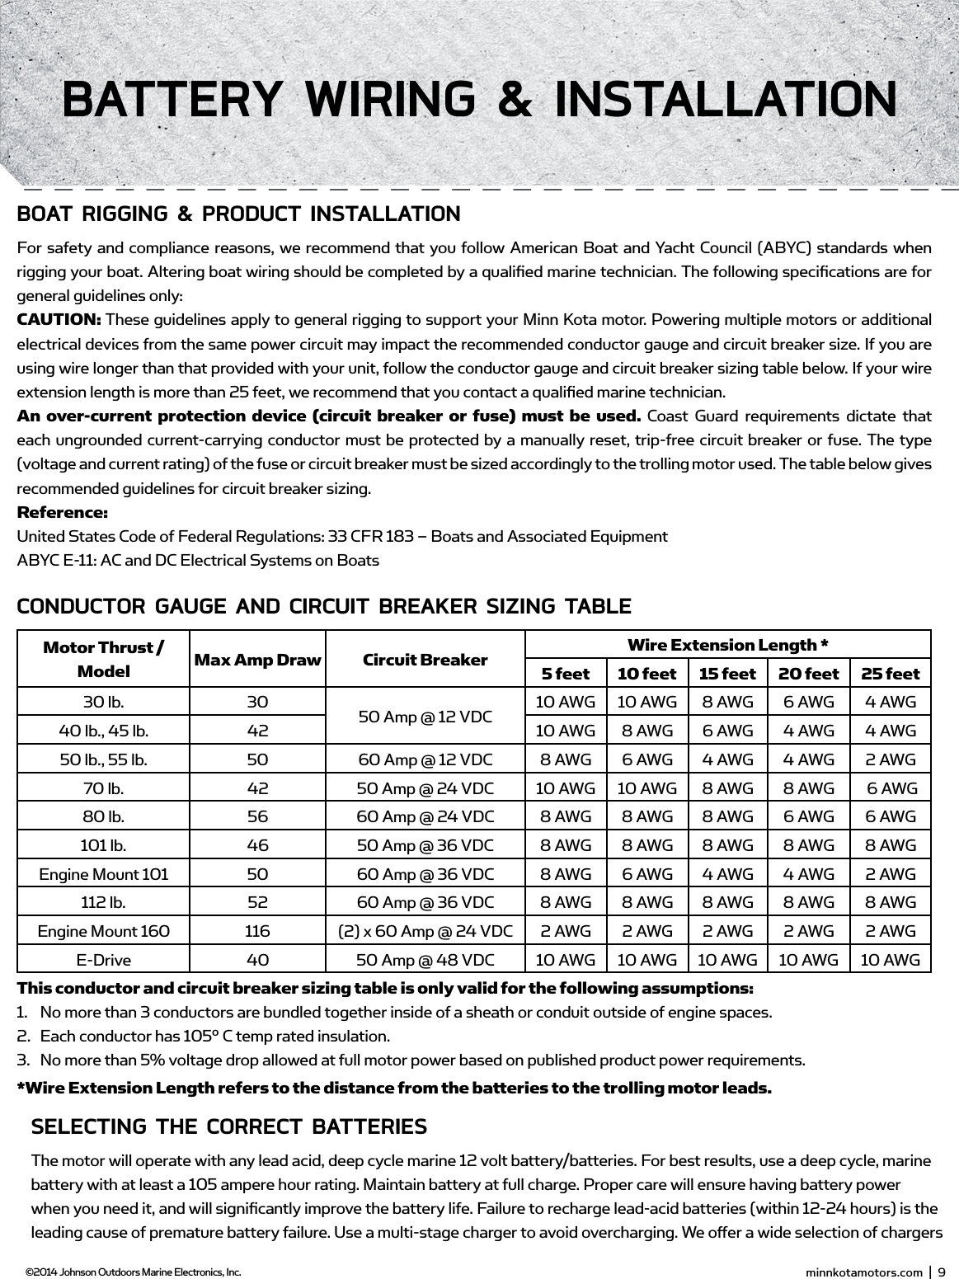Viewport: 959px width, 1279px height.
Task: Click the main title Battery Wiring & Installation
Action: pyautogui.click(x=479, y=99)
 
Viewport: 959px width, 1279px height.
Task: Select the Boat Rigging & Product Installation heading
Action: pyautogui.click(x=239, y=214)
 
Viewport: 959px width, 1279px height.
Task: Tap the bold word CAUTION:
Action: pyautogui.click(x=59, y=320)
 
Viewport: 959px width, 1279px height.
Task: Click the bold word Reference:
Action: pyautogui.click(x=63, y=513)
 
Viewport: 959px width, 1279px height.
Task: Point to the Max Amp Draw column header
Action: pyautogui.click(x=257, y=660)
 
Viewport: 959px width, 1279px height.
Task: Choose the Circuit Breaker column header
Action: pyautogui.click(x=425, y=660)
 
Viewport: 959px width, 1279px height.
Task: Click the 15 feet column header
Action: pyautogui.click(x=726, y=674)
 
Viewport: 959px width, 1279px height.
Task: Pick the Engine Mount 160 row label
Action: pyautogui.click(x=104, y=931)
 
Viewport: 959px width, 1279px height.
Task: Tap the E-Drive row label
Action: pyautogui.click(x=104, y=960)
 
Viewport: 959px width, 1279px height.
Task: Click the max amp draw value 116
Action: pyautogui.click(x=257, y=931)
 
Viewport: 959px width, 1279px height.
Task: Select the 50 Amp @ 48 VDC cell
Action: pyautogui.click(x=425, y=960)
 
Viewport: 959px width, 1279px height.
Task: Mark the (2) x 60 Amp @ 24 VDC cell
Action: pyautogui.click(x=425, y=931)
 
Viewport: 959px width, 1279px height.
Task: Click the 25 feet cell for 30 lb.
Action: pyautogui.click(x=890, y=702)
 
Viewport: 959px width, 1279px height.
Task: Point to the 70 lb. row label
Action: pyautogui.click(x=104, y=788)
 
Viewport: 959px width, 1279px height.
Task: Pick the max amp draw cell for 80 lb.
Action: pyautogui.click(x=257, y=816)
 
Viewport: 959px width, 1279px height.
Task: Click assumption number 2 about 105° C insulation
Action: pyautogui.click(x=214, y=1036)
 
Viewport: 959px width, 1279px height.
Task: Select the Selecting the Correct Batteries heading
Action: pyautogui.click(x=228, y=1126)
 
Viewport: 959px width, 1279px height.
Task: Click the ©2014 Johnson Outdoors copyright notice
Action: pyautogui.click(x=133, y=1272)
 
